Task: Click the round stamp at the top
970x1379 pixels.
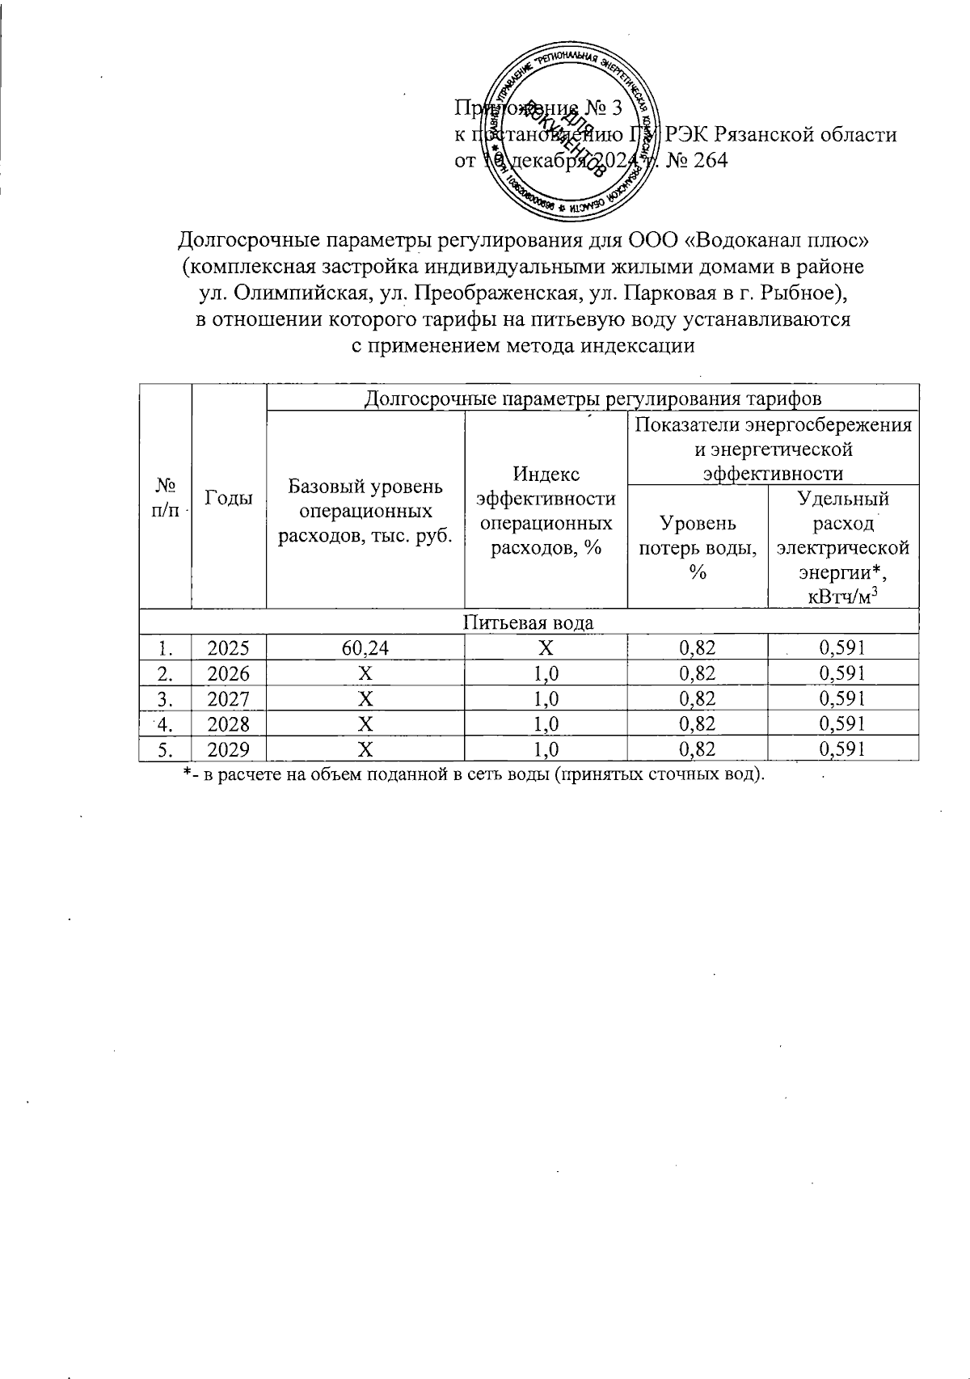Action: coord(571,133)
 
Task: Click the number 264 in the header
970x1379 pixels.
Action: coord(709,160)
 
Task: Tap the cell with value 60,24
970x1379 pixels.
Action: coord(365,647)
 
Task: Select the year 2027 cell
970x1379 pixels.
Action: coord(229,698)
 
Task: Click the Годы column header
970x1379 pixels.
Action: coord(229,498)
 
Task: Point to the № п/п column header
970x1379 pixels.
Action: coord(166,498)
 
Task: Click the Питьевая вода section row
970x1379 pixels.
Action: coord(529,622)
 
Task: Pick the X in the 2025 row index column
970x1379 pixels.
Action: coord(546,647)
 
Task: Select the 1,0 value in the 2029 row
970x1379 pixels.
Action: coord(546,749)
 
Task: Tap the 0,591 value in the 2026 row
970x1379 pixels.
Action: coord(842,673)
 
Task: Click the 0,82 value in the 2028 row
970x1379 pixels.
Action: coord(698,723)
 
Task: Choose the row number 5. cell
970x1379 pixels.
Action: coord(165,749)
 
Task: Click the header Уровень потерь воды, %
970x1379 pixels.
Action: coord(698,548)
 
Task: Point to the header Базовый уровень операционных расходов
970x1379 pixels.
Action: coord(365,512)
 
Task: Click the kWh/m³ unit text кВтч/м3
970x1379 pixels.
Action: coord(842,597)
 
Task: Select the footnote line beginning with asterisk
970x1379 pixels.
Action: coord(473,775)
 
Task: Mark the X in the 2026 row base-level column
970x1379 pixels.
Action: coord(365,673)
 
